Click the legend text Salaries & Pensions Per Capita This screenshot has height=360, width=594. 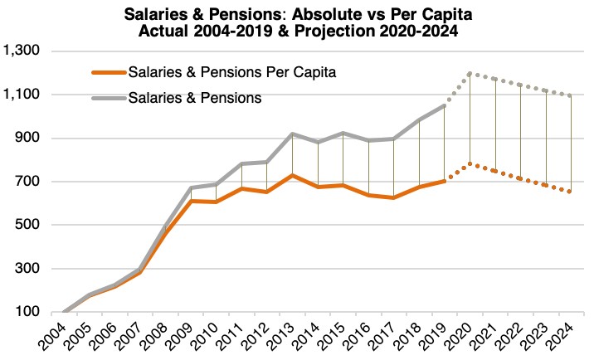coord(232,72)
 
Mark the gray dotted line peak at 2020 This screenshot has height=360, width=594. coord(470,73)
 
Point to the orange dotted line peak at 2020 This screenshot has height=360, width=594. coord(470,163)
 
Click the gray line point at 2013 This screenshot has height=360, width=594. coord(293,134)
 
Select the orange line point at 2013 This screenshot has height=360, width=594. coord(293,175)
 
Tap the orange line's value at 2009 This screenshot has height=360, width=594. coord(192,201)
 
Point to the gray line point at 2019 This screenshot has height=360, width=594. coord(445,106)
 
